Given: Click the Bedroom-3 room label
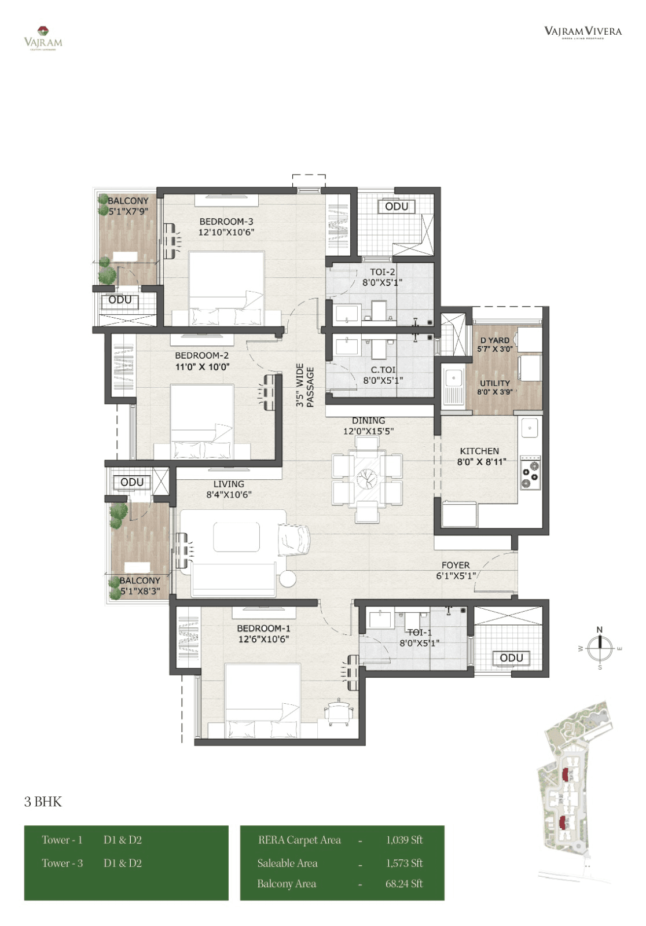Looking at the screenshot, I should (x=226, y=222).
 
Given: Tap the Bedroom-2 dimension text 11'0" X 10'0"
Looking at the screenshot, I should (x=202, y=367).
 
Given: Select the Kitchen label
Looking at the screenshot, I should (x=479, y=451).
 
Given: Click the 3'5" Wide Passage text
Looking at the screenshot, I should (x=305, y=385).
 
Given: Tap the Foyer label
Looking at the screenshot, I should (x=456, y=565).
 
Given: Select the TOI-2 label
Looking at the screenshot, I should (x=383, y=272).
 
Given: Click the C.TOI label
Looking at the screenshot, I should (x=383, y=370).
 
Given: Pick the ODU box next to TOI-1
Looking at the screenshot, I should (x=511, y=658).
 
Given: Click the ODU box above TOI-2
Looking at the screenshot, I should (x=397, y=207).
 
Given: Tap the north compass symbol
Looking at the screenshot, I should (x=600, y=648).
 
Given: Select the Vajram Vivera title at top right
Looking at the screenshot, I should (x=582, y=32).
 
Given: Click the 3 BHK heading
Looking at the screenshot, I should (x=43, y=802).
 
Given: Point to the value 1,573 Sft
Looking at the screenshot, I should (x=404, y=863).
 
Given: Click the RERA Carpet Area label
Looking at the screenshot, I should (x=299, y=840).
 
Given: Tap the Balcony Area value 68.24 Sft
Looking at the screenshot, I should (x=404, y=884).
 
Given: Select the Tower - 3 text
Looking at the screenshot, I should (x=62, y=863).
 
